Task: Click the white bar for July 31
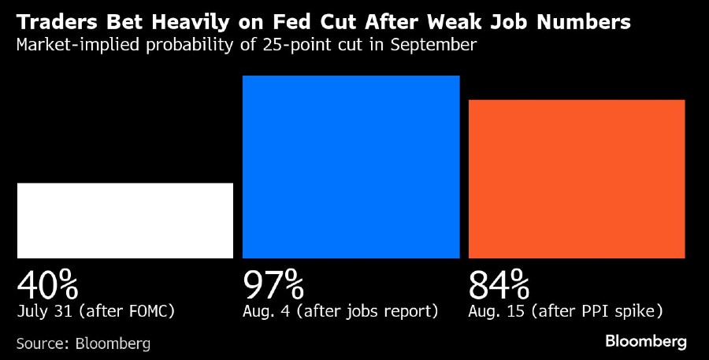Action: click(125, 221)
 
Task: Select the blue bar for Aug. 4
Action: click(351, 167)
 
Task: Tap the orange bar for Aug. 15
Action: click(577, 179)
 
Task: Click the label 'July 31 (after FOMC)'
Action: click(95, 311)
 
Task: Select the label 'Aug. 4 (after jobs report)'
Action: click(340, 311)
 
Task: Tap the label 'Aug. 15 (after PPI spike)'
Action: click(566, 311)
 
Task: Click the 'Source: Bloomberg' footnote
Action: click(84, 343)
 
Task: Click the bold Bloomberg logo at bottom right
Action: click(646, 342)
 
